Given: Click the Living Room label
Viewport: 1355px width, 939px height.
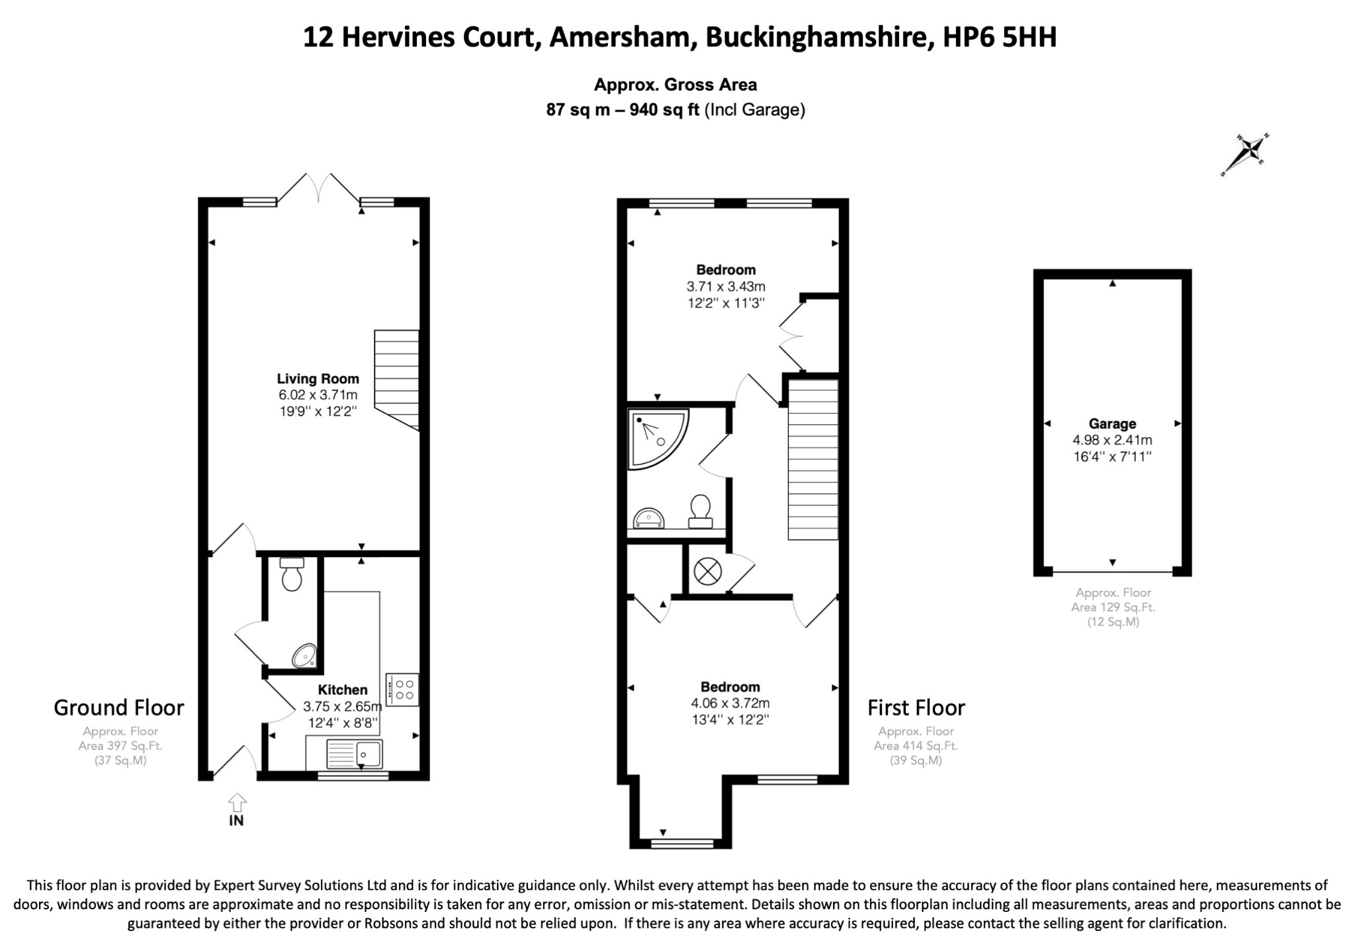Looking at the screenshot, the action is click(318, 379).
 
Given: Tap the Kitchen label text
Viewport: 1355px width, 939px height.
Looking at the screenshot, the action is click(342, 690).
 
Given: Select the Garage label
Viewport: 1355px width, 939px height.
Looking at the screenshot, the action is click(1112, 424).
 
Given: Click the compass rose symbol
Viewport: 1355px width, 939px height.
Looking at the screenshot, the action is click(1245, 154).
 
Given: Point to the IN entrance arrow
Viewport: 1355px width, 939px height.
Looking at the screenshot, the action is click(237, 803).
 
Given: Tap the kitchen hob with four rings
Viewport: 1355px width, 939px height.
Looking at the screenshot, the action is click(402, 690).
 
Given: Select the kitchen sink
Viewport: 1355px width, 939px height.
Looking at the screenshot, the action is click(353, 753).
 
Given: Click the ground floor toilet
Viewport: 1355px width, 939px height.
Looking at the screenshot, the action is click(292, 574).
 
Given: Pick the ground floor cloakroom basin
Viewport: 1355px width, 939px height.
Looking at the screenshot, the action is click(305, 656).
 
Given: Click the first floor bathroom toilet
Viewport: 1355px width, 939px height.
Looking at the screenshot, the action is click(701, 512).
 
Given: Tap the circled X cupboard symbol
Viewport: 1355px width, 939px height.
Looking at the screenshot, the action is click(707, 571).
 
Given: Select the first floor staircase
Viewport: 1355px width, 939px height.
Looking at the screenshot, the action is click(813, 459).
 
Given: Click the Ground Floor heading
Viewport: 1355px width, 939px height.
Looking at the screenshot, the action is click(119, 707).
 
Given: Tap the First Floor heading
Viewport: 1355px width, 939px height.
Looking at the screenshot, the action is click(916, 707).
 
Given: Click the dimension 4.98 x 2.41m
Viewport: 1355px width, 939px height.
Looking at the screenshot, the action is click(1112, 440).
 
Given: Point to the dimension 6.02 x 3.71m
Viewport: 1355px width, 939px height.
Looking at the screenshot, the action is click(318, 395).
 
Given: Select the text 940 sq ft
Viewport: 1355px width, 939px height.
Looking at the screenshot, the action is click(664, 110).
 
